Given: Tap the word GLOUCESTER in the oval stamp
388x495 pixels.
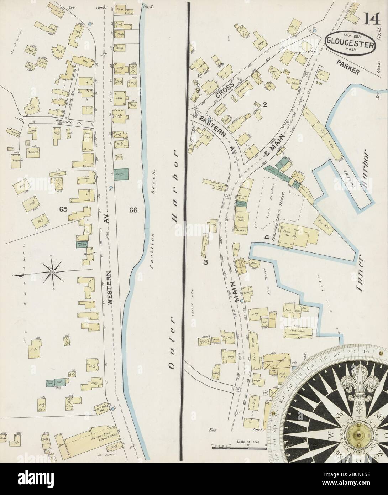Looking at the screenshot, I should (x=351, y=45).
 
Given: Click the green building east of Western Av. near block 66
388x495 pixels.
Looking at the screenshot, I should (x=121, y=174).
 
